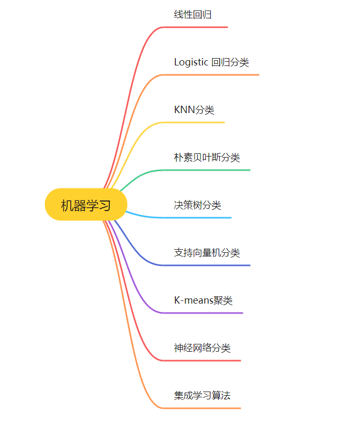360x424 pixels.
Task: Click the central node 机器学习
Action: pos(86,205)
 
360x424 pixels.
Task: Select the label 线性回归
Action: pos(193,15)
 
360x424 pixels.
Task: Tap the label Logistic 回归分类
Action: pos(211,62)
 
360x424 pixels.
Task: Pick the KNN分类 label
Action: pos(194,110)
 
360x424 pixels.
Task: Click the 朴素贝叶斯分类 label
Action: pos(207,158)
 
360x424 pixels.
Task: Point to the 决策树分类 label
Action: pos(197,205)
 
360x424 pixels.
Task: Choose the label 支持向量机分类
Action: pos(207,253)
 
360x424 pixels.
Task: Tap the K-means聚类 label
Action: pos(203,300)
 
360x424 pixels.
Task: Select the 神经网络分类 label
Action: pos(202,348)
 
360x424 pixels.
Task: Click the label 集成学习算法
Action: pos(202,396)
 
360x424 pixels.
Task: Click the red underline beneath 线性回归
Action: pos(196,27)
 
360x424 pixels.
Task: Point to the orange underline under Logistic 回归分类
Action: pos(211,75)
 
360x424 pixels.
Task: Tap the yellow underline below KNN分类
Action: pos(194,122)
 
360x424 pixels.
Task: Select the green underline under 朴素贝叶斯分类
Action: pos(207,170)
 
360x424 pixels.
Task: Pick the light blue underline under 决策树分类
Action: pos(198,218)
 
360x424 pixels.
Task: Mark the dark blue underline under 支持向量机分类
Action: pos(207,265)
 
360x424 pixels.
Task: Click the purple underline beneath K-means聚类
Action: pos(204,313)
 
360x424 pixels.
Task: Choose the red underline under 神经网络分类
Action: pos(203,361)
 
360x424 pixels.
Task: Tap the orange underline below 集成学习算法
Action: pos(203,408)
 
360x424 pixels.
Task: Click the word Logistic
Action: pos(190,62)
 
